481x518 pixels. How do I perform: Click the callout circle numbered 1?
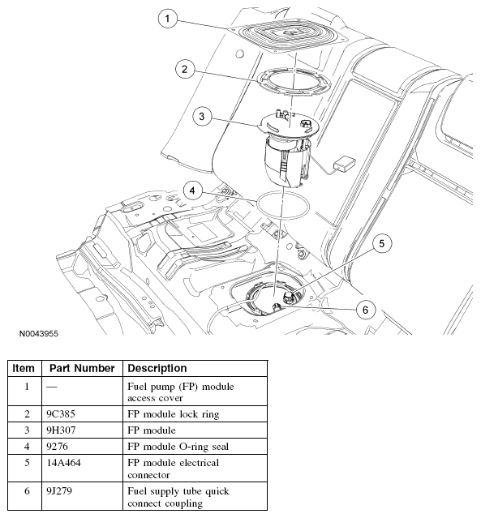[x=167, y=19]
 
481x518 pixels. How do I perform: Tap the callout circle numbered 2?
[x=184, y=69]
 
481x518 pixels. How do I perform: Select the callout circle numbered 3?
[x=202, y=116]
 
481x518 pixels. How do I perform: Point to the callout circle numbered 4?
[x=192, y=191]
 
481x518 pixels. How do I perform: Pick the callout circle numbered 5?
[x=382, y=243]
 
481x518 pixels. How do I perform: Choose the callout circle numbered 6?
[x=365, y=310]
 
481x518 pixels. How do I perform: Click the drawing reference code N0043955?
[x=39, y=334]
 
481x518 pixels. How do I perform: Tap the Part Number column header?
[x=82, y=368]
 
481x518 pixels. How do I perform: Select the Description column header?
[x=157, y=368]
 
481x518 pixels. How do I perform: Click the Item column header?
[x=24, y=368]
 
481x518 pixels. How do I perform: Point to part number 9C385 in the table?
[x=61, y=414]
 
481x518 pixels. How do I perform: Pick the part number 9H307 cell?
[x=61, y=430]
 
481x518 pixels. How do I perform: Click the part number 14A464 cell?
[x=63, y=463]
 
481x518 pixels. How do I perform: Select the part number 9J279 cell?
[x=59, y=491]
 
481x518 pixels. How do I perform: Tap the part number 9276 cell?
[x=58, y=447]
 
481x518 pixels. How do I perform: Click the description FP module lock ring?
[x=174, y=414]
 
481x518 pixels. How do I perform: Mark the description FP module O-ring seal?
[x=178, y=447]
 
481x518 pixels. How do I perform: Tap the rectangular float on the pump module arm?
[x=345, y=163]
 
